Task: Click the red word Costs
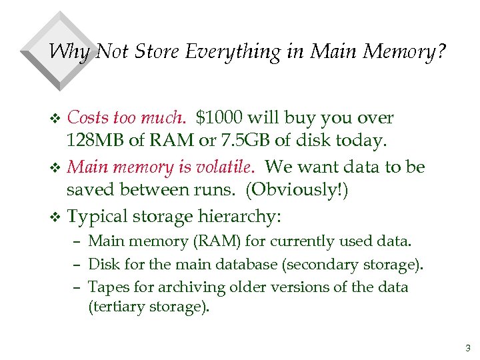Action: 89,118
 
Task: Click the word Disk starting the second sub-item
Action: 105,265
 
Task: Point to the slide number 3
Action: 467,347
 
